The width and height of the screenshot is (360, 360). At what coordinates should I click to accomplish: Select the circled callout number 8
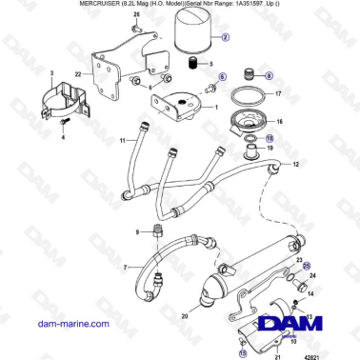tap(269, 74)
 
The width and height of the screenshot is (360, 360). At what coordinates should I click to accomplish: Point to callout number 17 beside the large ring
tap(278, 94)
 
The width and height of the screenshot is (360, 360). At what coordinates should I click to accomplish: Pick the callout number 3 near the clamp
tap(51, 73)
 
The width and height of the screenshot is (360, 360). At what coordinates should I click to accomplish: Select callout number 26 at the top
tap(136, 16)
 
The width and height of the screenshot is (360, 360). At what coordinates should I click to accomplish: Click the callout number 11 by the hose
tap(122, 141)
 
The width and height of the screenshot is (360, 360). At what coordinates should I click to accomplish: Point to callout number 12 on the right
tap(296, 165)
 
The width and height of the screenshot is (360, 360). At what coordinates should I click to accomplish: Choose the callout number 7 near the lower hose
tap(125, 269)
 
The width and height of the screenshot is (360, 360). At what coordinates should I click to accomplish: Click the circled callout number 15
tap(243, 351)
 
